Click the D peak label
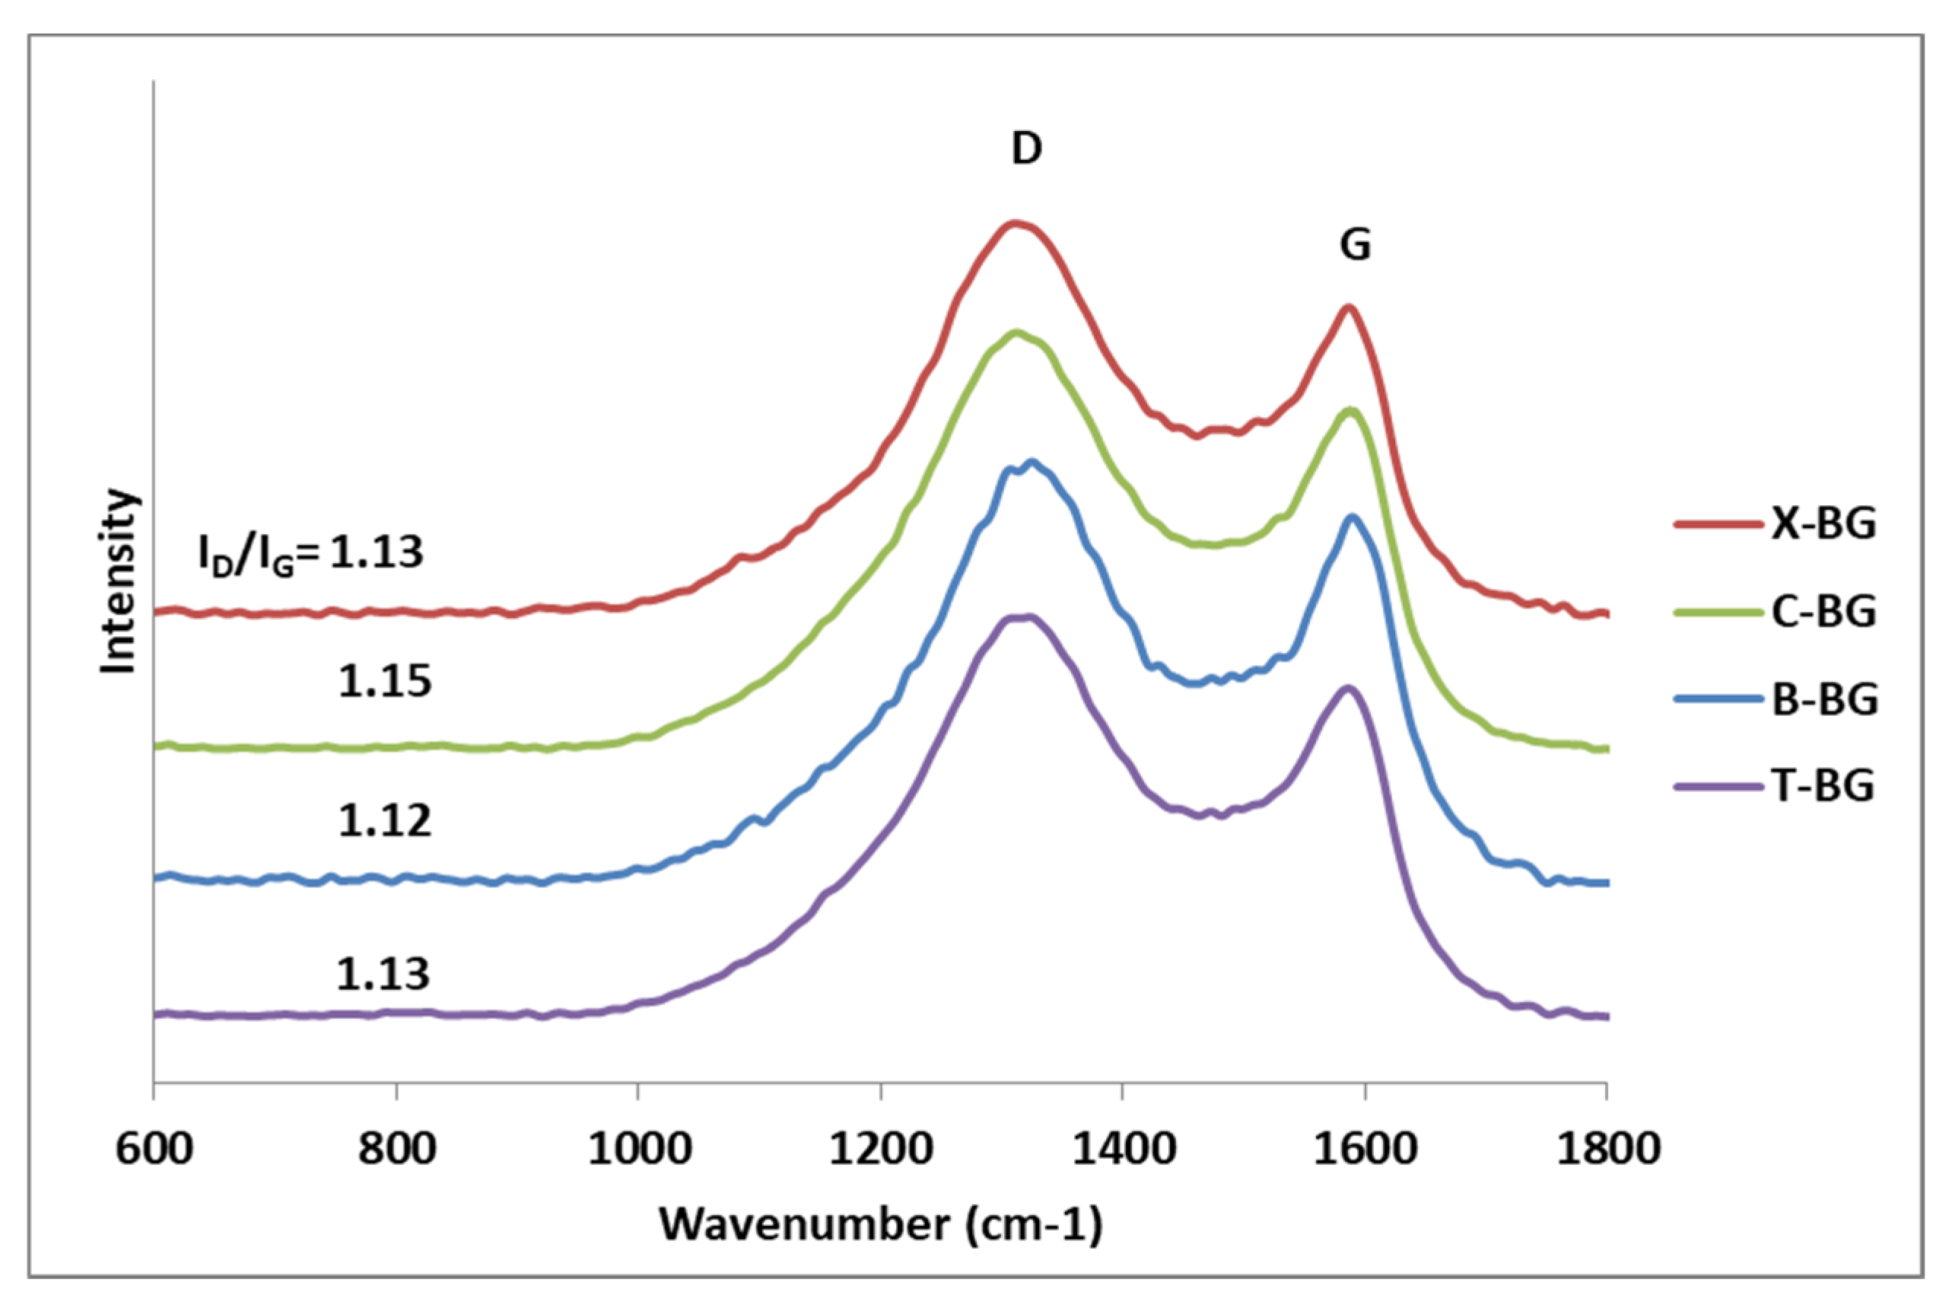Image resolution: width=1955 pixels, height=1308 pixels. click(1027, 148)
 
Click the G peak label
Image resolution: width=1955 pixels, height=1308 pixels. click(1356, 244)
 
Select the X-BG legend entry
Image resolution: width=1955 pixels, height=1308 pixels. click(1823, 524)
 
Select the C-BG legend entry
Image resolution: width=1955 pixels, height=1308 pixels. click(1823, 612)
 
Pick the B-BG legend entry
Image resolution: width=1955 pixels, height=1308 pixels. click(1824, 699)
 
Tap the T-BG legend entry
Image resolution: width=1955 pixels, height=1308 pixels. click(1823, 786)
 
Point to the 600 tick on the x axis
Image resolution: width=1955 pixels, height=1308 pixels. click(154, 1149)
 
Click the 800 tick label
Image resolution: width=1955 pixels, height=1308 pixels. click(397, 1149)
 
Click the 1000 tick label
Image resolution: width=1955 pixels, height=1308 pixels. click(639, 1149)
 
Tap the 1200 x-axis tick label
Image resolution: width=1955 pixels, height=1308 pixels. click(881, 1149)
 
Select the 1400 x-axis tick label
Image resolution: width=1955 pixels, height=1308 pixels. click(1124, 1149)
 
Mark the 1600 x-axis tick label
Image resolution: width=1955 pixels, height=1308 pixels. click(1365, 1149)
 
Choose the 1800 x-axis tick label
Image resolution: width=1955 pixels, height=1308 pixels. click(1607, 1149)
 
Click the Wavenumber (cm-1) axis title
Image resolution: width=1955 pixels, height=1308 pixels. click(881, 1224)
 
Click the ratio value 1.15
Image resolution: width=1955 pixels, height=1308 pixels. click(384, 682)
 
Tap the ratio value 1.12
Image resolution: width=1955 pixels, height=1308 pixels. click(384, 821)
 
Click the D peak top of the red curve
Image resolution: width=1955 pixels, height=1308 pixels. click(1015, 224)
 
